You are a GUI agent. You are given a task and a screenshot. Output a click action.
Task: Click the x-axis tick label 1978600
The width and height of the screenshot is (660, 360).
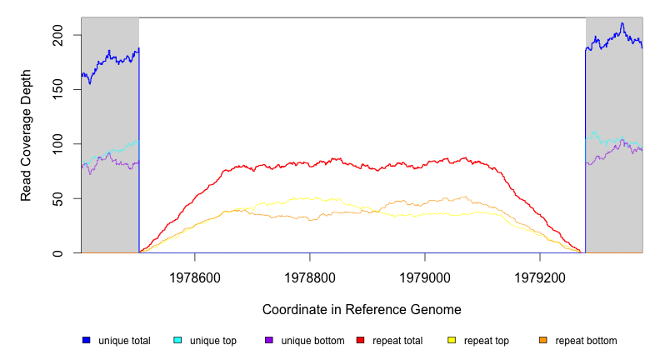pyautogui.click(x=195, y=275)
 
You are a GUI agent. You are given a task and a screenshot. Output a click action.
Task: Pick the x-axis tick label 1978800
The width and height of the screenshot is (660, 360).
pyautogui.click(x=310, y=275)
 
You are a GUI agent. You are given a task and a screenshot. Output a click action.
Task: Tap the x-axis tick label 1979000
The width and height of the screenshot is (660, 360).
pyautogui.click(x=425, y=275)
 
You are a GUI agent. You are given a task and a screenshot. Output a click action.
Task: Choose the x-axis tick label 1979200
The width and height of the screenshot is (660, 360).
pyautogui.click(x=540, y=275)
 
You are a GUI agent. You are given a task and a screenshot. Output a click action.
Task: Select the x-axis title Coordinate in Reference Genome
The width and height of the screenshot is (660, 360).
pyautogui.click(x=362, y=309)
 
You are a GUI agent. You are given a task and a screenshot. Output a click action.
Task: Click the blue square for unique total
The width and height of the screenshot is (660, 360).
pyautogui.click(x=86, y=340)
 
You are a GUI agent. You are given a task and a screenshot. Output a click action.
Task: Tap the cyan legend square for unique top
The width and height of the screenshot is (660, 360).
pyautogui.click(x=177, y=340)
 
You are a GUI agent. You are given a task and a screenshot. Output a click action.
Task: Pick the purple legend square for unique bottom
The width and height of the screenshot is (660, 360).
pyautogui.click(x=269, y=340)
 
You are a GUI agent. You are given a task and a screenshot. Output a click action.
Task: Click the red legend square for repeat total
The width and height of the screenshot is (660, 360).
pyautogui.click(x=361, y=340)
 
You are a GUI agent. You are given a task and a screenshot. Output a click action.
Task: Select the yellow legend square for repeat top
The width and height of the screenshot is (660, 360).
pyautogui.click(x=452, y=340)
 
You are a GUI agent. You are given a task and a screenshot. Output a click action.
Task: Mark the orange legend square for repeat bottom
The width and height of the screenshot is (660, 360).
pyautogui.click(x=543, y=340)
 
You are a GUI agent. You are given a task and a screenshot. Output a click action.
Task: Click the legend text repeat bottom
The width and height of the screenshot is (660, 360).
pyautogui.click(x=586, y=341)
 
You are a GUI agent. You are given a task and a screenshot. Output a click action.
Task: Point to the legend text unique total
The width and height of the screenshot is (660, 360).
pyautogui.click(x=124, y=341)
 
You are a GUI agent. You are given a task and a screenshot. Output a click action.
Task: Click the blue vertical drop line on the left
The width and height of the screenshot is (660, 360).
pyautogui.click(x=139, y=150)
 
